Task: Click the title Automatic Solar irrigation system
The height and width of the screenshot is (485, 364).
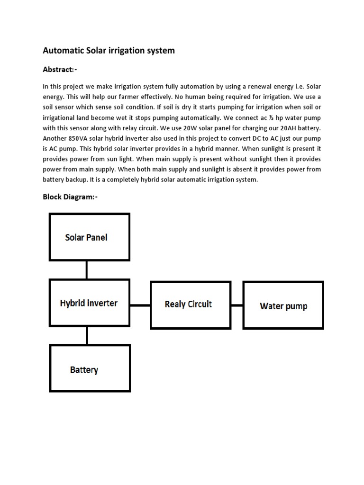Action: coord(109,50)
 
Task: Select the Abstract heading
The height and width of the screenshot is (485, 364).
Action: coord(60,70)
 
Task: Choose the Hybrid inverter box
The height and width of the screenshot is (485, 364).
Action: coord(90,303)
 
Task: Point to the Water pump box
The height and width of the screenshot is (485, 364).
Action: coord(283,305)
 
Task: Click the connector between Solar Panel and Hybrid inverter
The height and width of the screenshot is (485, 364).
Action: coord(87,269)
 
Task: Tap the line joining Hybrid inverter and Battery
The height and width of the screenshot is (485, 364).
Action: coord(87,335)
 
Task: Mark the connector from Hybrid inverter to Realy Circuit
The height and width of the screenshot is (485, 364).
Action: coord(140,305)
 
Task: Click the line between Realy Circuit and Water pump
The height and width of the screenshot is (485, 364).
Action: coord(237,305)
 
